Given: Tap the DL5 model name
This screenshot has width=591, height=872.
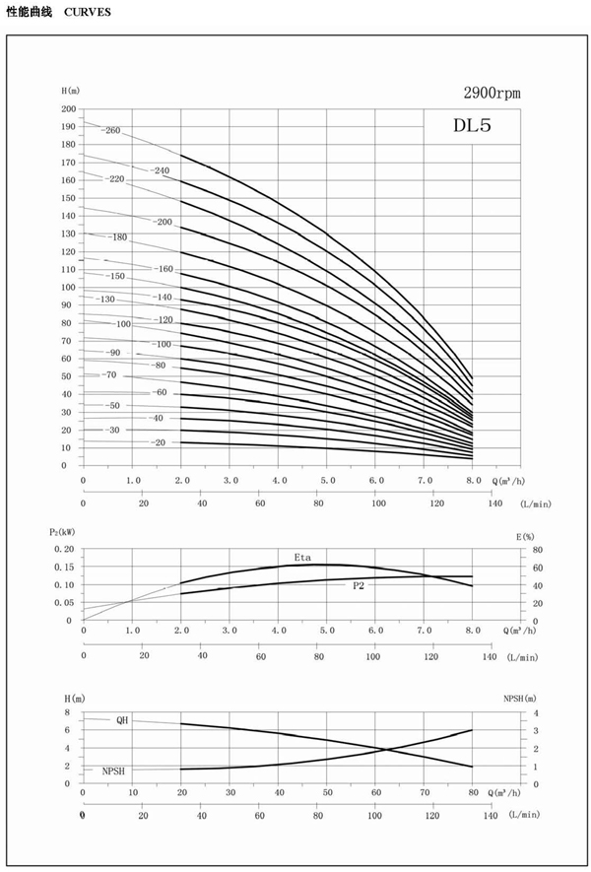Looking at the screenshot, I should coord(471,125).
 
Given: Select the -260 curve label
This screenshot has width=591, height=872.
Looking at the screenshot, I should coord(110,130).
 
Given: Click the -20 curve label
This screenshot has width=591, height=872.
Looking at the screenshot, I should coord(158,442).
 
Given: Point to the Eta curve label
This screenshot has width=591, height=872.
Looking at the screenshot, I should coord(303,558).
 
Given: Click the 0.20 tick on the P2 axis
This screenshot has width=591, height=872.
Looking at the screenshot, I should coord(64,549).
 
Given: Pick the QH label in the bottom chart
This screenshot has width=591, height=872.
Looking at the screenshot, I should coord(122,720).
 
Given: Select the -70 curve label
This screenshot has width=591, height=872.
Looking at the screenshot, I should coord(108,375).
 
